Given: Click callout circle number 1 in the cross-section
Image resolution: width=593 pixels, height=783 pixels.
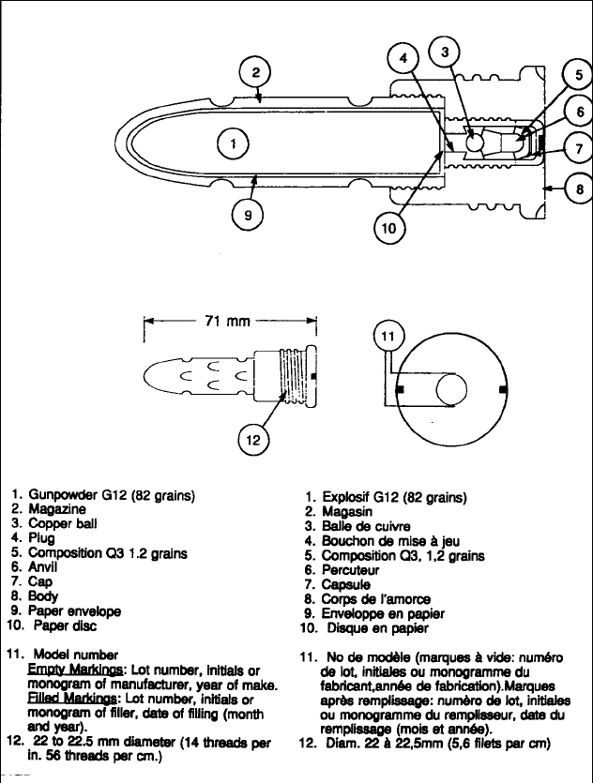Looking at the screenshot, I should click(233, 144).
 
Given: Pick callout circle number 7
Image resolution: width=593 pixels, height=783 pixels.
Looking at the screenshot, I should click(578, 148).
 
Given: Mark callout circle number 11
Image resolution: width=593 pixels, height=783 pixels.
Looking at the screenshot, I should click(388, 335).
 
